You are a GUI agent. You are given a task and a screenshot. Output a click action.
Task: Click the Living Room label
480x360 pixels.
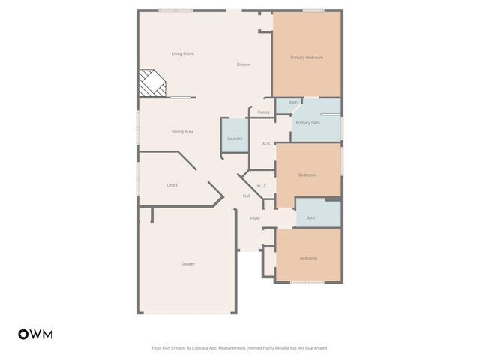[x=182, y=54]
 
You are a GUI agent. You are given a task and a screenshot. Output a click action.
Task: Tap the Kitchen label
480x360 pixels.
[x=244, y=64]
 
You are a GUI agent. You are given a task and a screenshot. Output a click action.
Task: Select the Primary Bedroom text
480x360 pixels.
[x=307, y=57]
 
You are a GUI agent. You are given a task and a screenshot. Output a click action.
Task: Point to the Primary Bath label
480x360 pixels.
[x=307, y=122]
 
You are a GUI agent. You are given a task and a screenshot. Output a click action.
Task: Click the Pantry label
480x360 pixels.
[x=263, y=112]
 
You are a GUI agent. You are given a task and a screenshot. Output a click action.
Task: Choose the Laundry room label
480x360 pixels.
[x=235, y=139]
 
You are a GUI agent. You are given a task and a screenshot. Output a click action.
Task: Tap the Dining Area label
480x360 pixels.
[x=182, y=131]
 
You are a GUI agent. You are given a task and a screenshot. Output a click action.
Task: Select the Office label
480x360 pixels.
[x=172, y=185]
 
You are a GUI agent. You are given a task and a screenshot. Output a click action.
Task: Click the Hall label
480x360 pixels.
[x=246, y=196]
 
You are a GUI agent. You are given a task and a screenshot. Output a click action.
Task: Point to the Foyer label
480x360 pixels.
[x=255, y=218]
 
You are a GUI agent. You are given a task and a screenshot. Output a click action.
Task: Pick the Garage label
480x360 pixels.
[x=187, y=263]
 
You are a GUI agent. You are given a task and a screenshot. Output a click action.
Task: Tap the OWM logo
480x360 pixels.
[x=35, y=334]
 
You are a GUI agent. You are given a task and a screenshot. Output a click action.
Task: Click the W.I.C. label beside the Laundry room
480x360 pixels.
[x=266, y=143]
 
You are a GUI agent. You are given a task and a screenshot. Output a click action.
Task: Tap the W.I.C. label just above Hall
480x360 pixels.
[x=262, y=186]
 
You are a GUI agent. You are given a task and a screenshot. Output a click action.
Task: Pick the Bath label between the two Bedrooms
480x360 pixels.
[x=310, y=218]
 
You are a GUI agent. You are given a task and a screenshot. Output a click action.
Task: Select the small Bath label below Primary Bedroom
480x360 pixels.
[x=293, y=102]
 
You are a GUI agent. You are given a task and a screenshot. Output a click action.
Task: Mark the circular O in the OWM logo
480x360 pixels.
[x=23, y=334]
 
